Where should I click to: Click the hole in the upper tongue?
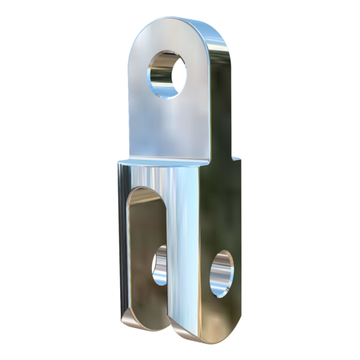coord(165,73)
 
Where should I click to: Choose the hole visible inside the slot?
coord(160,265)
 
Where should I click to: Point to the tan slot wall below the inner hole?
coord(148,303)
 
